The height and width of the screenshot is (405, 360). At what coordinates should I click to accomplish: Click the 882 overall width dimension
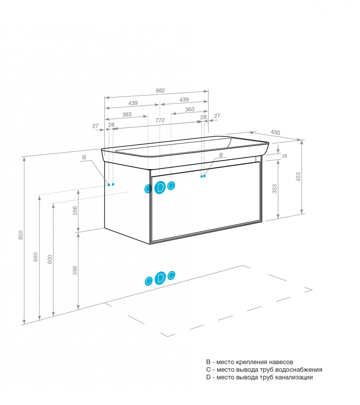pos(160,91)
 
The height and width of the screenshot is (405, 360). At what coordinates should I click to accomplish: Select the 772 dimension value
pos(160,120)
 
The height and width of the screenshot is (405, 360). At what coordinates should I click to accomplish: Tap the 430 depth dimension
pos(275,132)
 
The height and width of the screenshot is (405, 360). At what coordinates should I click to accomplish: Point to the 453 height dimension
pos(298,177)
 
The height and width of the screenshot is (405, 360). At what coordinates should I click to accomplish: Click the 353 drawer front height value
pos(274,189)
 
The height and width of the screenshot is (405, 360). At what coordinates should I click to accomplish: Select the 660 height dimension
pos(36,256)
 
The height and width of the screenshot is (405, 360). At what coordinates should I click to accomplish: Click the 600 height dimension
pos(50,259)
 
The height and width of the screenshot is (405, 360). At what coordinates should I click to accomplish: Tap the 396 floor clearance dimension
pos(75,270)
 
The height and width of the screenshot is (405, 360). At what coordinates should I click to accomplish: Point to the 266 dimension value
pos(75,211)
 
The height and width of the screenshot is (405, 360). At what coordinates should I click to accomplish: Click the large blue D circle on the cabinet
pos(160,187)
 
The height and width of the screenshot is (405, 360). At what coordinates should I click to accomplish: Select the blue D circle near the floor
pos(160,278)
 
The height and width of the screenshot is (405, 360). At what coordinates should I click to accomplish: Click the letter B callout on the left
pos(84,158)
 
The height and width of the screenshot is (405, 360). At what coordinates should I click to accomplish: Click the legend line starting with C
pos(264,370)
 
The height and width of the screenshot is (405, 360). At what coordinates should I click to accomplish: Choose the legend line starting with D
pos(259,377)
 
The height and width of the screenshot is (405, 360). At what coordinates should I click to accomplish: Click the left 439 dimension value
pos(133,103)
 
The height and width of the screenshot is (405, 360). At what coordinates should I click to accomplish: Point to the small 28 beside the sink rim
pos(284,156)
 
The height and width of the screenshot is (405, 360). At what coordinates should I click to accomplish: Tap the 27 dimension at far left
pos(95,126)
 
